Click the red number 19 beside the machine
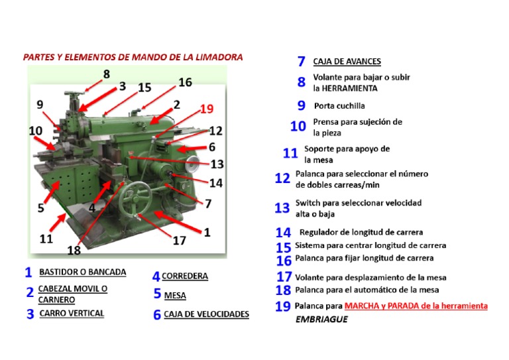coord(206,109)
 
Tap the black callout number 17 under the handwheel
coord(180,241)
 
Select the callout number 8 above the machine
coord(106,74)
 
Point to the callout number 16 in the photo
coord(185,82)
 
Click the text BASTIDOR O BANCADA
coord(83,272)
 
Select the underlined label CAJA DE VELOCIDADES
coord(206,314)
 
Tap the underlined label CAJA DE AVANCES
coord(347,62)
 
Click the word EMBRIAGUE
coord(321,320)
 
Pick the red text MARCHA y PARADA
coord(416,306)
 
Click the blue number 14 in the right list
coord(283,233)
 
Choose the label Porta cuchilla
coord(339,105)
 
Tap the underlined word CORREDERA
coord(185,276)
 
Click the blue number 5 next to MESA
coord(157,294)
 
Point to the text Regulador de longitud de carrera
coord(361,232)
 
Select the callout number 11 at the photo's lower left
coord(46,237)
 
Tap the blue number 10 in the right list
coord(298,126)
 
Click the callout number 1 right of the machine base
coord(207,232)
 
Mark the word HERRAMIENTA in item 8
coord(345,88)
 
